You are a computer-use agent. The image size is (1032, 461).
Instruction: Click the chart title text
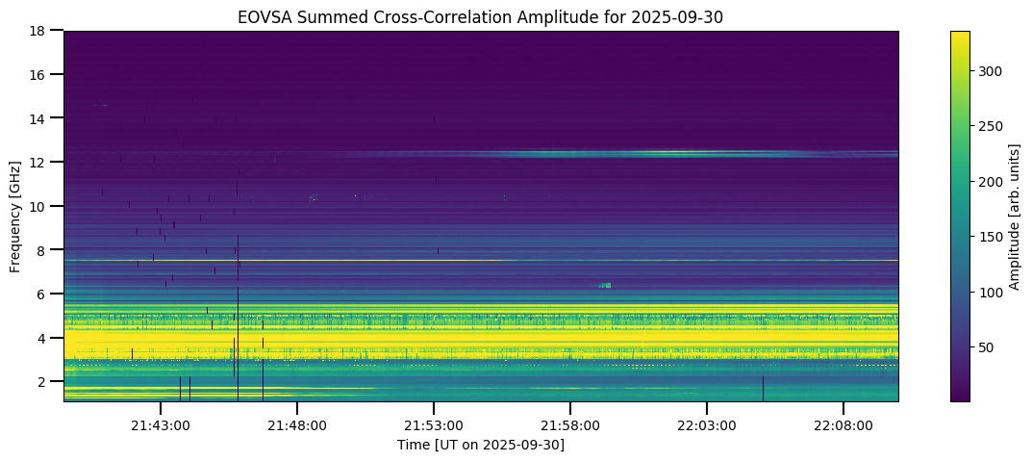481,16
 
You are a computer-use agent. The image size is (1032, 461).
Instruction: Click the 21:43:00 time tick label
161,425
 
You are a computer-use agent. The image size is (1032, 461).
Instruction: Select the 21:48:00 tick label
297,425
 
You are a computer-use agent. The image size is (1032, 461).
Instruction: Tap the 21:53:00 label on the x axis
434,425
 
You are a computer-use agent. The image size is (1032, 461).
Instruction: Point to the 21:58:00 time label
570,425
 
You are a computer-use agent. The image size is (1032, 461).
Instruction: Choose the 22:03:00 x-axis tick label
707,425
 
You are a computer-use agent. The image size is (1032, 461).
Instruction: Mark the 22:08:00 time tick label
843,425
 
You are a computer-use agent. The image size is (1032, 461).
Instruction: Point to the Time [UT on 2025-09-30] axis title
481,445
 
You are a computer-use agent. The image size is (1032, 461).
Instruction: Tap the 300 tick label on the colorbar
992,71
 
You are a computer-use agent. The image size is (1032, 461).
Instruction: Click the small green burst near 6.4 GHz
605,285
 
